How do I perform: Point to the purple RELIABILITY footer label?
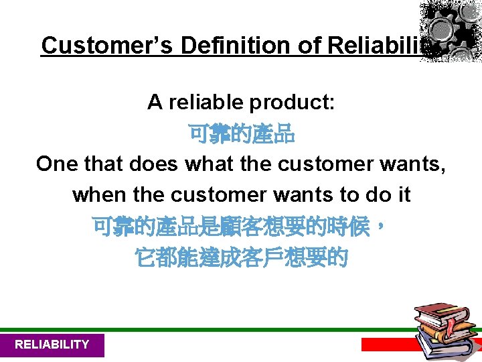[52, 345]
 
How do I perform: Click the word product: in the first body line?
[292, 103]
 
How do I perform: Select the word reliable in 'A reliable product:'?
[206, 103]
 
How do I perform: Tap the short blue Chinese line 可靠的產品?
[241, 134]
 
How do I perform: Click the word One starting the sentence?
[58, 164]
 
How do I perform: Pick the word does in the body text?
[157, 164]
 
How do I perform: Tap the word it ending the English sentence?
[404, 195]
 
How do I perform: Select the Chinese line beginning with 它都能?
[241, 257]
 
